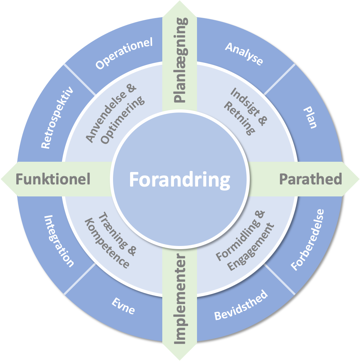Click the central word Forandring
pyautogui.click(x=179, y=179)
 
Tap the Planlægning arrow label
pyautogui.click(x=180, y=61)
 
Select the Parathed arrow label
pyautogui.click(x=310, y=179)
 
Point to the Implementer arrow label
pyautogui.click(x=180, y=299)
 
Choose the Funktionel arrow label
pyautogui.click(x=53, y=179)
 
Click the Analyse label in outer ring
pyautogui.click(x=244, y=54)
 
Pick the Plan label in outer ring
pyautogui.click(x=310, y=118)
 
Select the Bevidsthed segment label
pyautogui.click(x=241, y=305)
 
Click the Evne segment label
pyautogui.click(x=123, y=306)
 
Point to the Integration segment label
pyautogui.click(x=59, y=241)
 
